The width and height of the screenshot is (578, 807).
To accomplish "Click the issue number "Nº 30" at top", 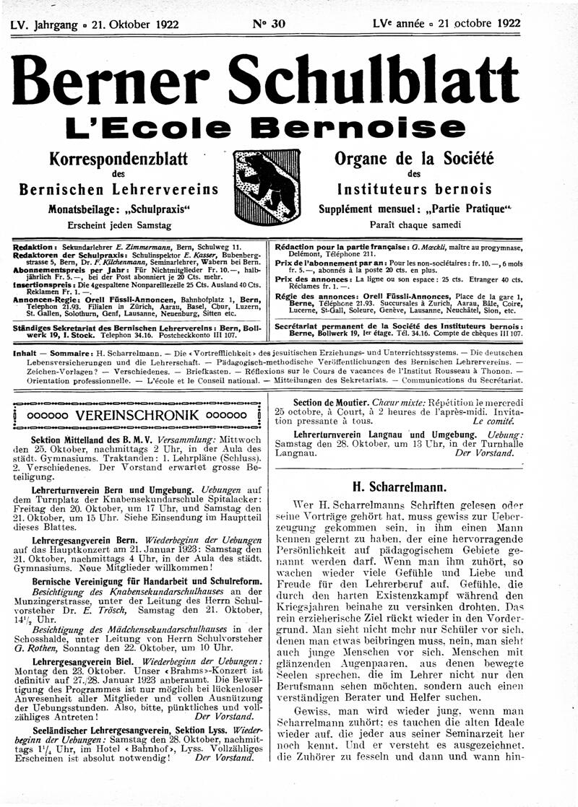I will point(268,23).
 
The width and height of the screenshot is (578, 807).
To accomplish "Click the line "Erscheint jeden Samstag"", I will point(117,225).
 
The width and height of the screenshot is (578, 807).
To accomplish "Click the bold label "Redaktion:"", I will point(35,247).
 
